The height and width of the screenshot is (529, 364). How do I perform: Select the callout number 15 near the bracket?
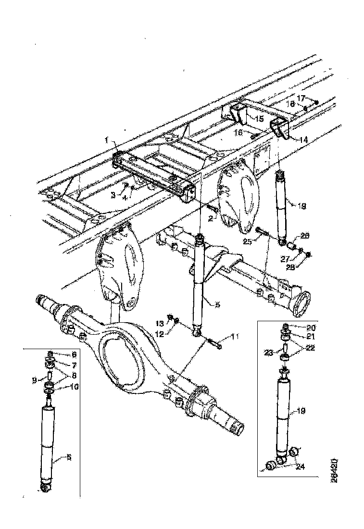pos(259,118)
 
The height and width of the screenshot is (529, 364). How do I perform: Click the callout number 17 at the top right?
pos(301,98)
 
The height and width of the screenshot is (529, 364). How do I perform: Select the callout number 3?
pos(113,194)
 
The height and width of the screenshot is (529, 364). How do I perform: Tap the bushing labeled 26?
pos(290,246)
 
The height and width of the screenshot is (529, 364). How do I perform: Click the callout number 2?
pos(210,218)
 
